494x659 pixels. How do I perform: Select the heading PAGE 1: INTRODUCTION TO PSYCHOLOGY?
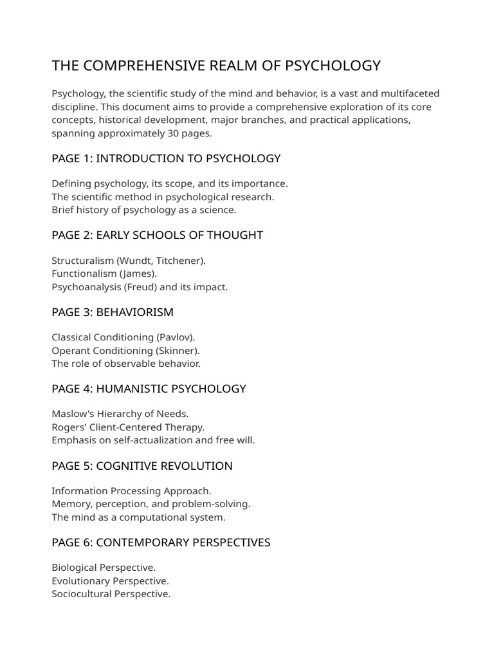coord(166,158)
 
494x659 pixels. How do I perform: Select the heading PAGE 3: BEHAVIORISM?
coord(113,312)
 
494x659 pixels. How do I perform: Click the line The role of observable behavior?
coord(126,364)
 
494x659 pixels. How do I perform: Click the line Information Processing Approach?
coord(131,491)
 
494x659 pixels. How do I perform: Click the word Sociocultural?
coord(81,593)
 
